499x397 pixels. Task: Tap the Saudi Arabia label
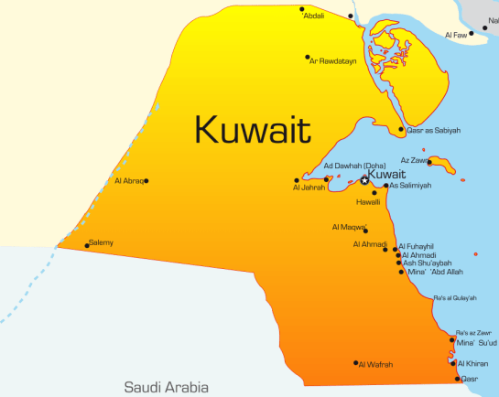click(x=166, y=387)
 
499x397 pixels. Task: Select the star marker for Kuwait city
click(x=364, y=180)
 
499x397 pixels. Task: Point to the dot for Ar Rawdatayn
click(x=308, y=57)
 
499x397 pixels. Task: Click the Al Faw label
click(x=455, y=35)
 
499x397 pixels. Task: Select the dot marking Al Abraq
click(x=146, y=180)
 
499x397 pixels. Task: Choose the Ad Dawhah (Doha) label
click(x=354, y=166)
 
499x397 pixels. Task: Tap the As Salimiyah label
click(x=410, y=186)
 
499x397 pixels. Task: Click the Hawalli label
click(x=367, y=201)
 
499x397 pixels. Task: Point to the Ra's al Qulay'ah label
click(x=455, y=298)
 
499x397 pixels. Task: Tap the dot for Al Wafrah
click(x=355, y=363)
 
